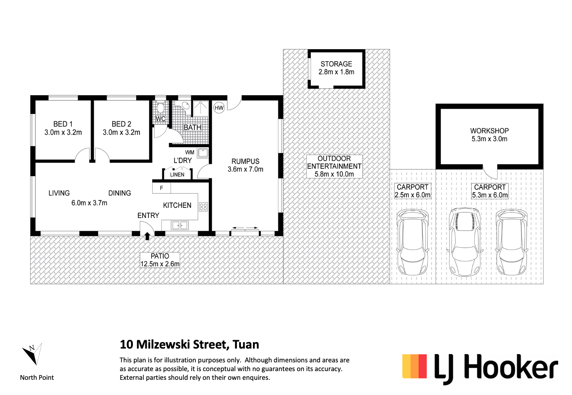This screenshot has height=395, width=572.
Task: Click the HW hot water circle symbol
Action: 219,108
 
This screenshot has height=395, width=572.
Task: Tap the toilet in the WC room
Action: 160,109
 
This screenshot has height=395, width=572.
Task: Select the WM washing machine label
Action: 189,152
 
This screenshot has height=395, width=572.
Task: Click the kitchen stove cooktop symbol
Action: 203,207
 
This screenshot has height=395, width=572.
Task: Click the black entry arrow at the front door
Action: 147,236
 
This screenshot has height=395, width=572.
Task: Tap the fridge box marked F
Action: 161,188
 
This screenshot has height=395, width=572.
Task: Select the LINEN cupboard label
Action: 177,175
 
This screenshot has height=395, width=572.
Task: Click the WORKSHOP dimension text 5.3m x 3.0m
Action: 489,139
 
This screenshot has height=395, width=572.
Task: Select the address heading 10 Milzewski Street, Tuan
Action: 189,344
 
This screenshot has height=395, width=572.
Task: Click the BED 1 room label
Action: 63,124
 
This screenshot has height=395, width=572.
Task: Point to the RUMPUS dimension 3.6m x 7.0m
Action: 246,169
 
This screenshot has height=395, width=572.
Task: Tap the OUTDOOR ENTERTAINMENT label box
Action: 334,166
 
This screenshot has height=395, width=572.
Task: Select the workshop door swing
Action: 491,172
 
